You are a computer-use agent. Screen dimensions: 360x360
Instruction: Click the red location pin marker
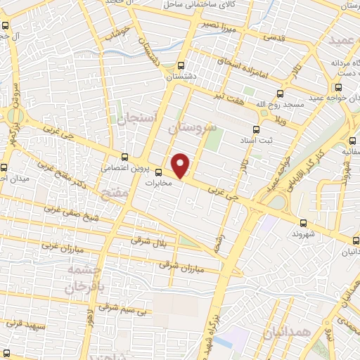pos(181,165)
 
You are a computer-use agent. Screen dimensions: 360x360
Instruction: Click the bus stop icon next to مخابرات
pos(158,172)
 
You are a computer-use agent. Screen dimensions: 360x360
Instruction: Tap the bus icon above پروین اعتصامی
pos(124,157)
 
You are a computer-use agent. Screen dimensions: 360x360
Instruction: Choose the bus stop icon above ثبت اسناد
pos(255,129)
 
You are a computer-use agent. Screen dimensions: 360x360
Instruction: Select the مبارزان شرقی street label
pos(174,266)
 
